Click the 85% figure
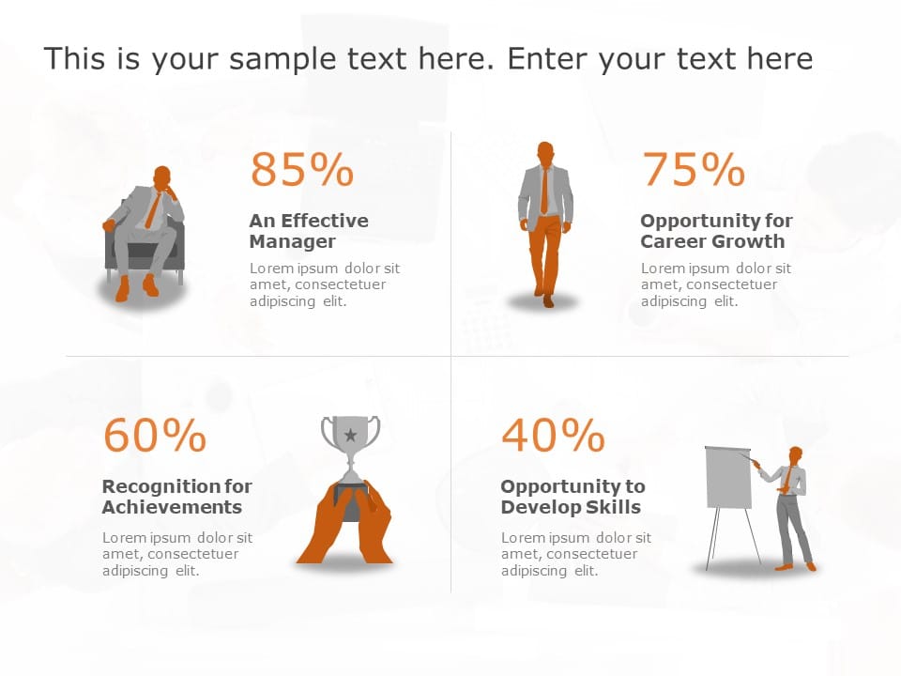(301, 170)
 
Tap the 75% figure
(693, 170)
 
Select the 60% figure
(155, 436)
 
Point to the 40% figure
(553, 436)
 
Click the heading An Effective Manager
(309, 231)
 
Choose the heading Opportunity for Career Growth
(716, 231)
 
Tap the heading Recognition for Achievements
(176, 497)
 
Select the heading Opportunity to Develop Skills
(573, 497)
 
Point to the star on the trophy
(350, 435)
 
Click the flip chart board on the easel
(728, 478)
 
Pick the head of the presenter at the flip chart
(796, 455)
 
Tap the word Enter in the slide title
(544, 59)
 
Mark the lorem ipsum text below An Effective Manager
(324, 284)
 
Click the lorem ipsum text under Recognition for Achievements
(176, 554)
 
